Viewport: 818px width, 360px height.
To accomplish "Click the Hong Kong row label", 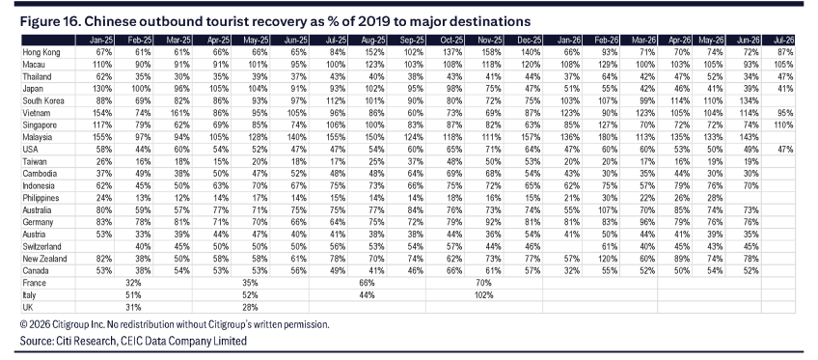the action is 41,52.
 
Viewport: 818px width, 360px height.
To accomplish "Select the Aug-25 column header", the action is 375,41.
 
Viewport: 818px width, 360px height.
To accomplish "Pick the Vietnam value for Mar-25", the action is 182,113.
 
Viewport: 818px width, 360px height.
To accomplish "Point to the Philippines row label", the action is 41,198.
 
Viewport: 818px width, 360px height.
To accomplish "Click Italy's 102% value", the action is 483,294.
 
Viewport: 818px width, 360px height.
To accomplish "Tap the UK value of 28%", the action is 251,307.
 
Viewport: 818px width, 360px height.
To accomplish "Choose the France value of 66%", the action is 367,283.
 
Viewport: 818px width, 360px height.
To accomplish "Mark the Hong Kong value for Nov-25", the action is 493,52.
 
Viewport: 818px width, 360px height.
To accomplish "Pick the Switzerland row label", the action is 41,246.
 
